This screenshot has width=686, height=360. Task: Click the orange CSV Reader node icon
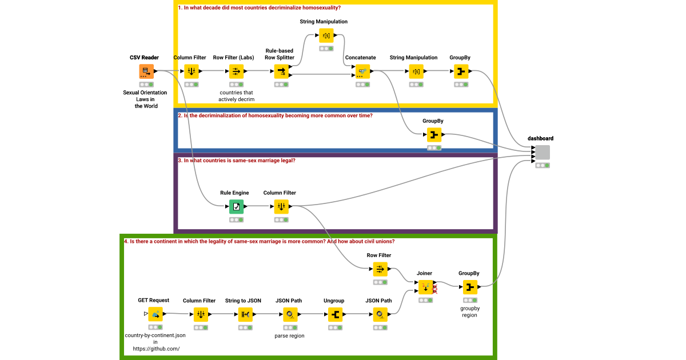146,71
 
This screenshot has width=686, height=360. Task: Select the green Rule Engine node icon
236,207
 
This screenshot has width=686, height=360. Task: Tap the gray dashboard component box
542,152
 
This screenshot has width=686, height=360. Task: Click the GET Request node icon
155,314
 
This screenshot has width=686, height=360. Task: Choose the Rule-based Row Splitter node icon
281,71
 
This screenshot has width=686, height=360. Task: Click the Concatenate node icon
361,71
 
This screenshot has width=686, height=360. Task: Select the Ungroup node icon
335,314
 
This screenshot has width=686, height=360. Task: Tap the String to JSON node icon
244,314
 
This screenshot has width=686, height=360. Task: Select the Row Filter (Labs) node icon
236,71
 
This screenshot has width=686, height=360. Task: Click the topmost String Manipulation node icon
326,35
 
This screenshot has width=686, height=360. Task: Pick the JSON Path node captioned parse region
290,314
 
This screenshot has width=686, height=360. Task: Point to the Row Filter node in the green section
380,269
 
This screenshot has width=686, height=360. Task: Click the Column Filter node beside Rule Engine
281,207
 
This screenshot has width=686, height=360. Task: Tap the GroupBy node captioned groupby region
469,287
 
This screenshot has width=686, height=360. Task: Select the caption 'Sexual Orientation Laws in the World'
146,99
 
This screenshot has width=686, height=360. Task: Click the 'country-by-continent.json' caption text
155,335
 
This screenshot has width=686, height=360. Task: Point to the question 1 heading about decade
260,7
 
